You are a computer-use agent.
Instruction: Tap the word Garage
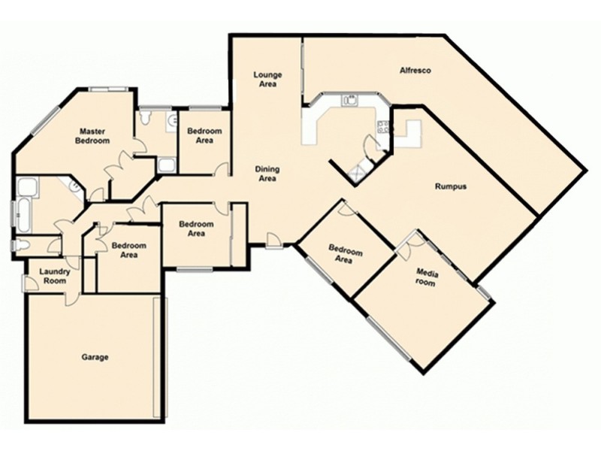click(x=95, y=357)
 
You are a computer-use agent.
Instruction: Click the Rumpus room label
click(x=450, y=186)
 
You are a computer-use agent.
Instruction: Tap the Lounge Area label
click(x=267, y=79)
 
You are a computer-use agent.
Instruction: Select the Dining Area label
click(x=267, y=174)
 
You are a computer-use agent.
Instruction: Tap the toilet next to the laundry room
click(x=21, y=245)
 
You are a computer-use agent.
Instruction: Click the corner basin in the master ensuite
click(x=75, y=185)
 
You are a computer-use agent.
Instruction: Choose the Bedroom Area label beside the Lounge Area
click(x=204, y=135)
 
